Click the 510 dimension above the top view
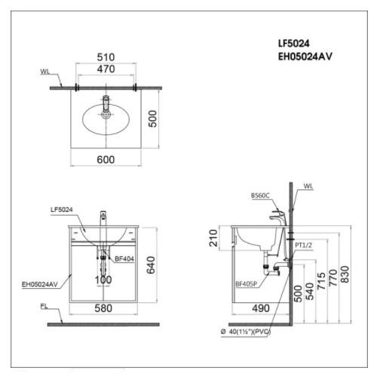tap(106, 57)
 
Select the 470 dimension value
tap(106, 69)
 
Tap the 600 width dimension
tap(106, 160)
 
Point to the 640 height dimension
tap(151, 265)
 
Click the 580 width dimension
tap(103, 308)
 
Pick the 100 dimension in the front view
tap(103, 280)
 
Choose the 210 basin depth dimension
tap(213, 238)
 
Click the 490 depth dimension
tap(261, 308)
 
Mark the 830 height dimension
tap(345, 274)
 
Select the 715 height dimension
tap(321, 280)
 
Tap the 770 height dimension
tap(333, 277)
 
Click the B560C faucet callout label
tap(260, 195)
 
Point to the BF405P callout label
tap(246, 284)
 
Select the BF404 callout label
tap(124, 259)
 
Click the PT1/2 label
tap(303, 245)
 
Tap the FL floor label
tap(44, 306)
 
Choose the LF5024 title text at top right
tap(293, 44)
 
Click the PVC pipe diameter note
tap(246, 332)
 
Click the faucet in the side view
tap(278, 216)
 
